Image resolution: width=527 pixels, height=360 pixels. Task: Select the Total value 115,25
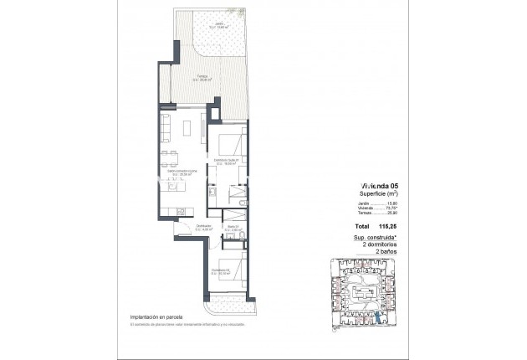[386, 227]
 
